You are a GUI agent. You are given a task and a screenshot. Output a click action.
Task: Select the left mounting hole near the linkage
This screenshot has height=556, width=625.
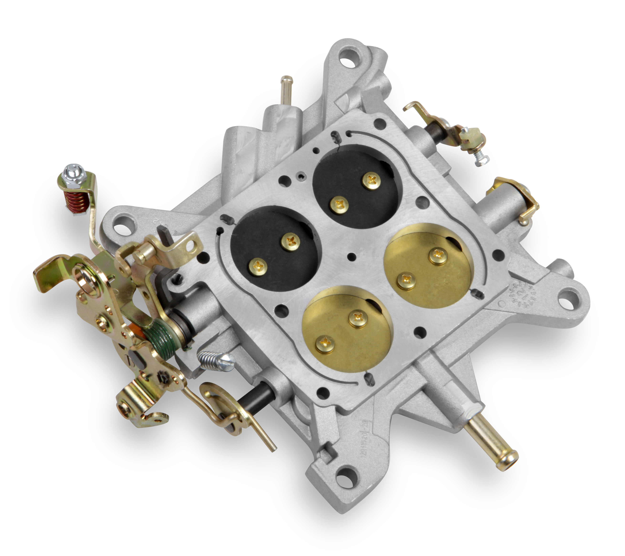tap(122, 228)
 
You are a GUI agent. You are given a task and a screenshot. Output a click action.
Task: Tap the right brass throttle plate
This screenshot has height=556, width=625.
tap(428, 266)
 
